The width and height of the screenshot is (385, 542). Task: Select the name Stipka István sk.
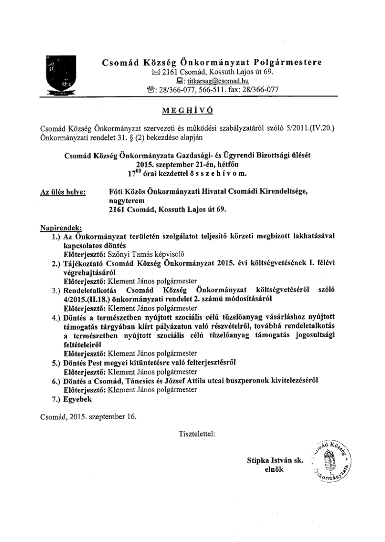tap(275, 461)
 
